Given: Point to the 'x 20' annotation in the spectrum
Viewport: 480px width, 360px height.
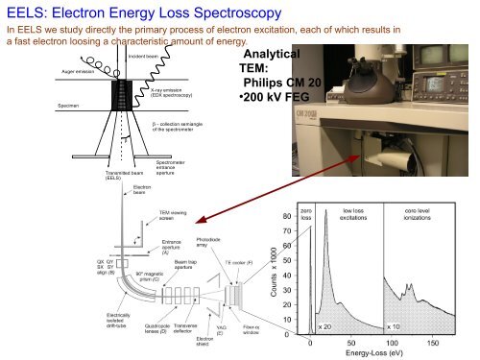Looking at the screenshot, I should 325,327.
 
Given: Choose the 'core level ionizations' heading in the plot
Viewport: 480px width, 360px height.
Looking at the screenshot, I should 422,215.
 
